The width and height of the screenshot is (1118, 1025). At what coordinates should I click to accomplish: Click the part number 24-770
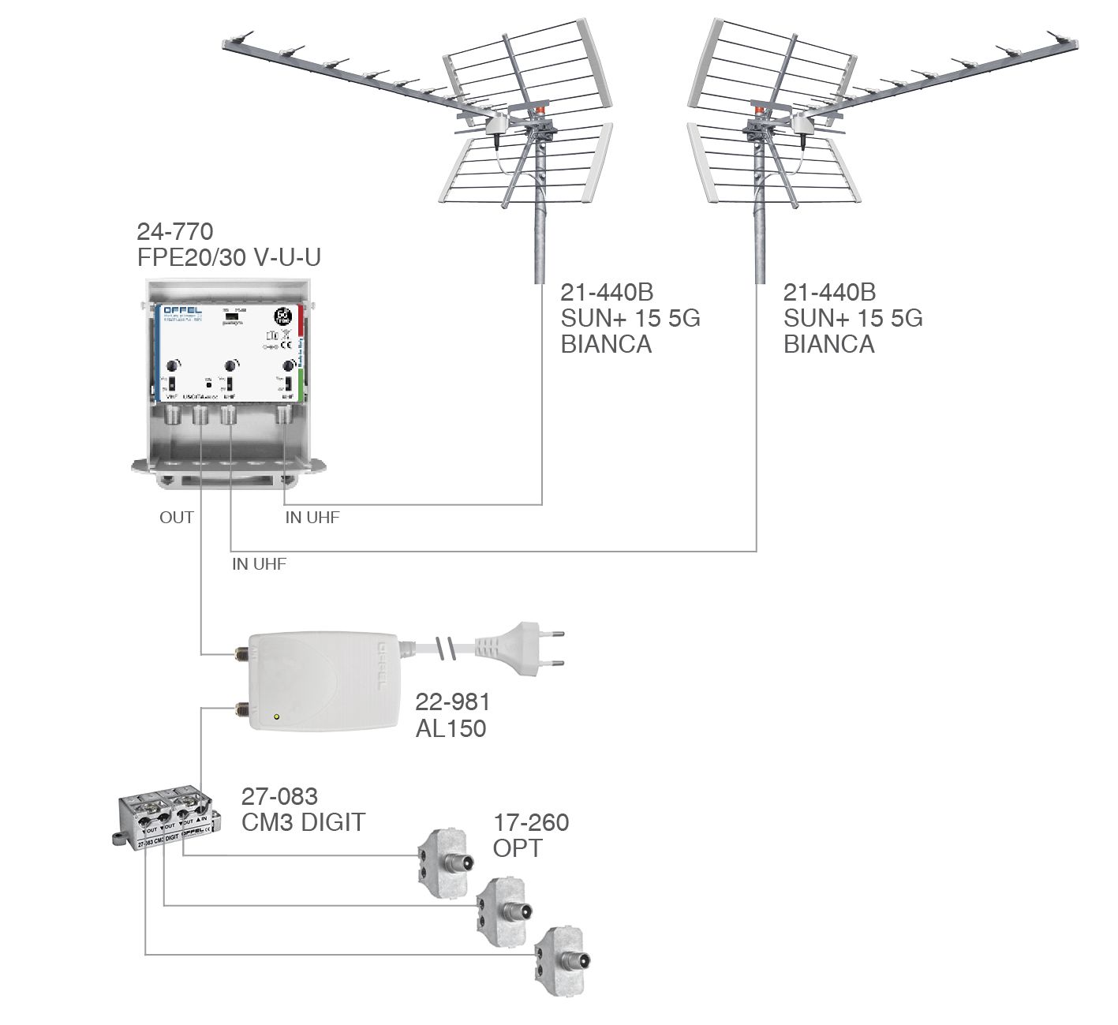click(x=174, y=232)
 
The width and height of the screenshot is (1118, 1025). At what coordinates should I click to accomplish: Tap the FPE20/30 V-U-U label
click(x=229, y=257)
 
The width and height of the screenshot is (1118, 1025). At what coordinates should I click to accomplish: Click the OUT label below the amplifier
click(x=176, y=518)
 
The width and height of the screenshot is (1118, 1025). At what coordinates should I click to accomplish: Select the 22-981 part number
click(x=452, y=701)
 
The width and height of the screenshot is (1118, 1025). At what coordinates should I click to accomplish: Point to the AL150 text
click(x=451, y=728)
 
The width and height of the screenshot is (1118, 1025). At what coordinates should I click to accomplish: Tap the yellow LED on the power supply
click(x=275, y=716)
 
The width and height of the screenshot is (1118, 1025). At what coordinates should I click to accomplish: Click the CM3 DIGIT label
click(x=303, y=822)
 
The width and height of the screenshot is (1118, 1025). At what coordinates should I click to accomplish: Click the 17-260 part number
click(x=531, y=822)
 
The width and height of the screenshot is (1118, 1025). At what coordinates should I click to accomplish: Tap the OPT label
click(x=518, y=848)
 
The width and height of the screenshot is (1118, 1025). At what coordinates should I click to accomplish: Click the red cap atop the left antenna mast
click(x=540, y=110)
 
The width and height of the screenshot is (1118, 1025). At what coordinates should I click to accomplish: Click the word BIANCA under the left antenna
click(x=606, y=344)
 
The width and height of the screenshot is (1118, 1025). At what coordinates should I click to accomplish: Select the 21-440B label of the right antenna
click(x=829, y=293)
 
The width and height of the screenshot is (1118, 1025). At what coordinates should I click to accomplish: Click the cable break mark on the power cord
click(x=446, y=649)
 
